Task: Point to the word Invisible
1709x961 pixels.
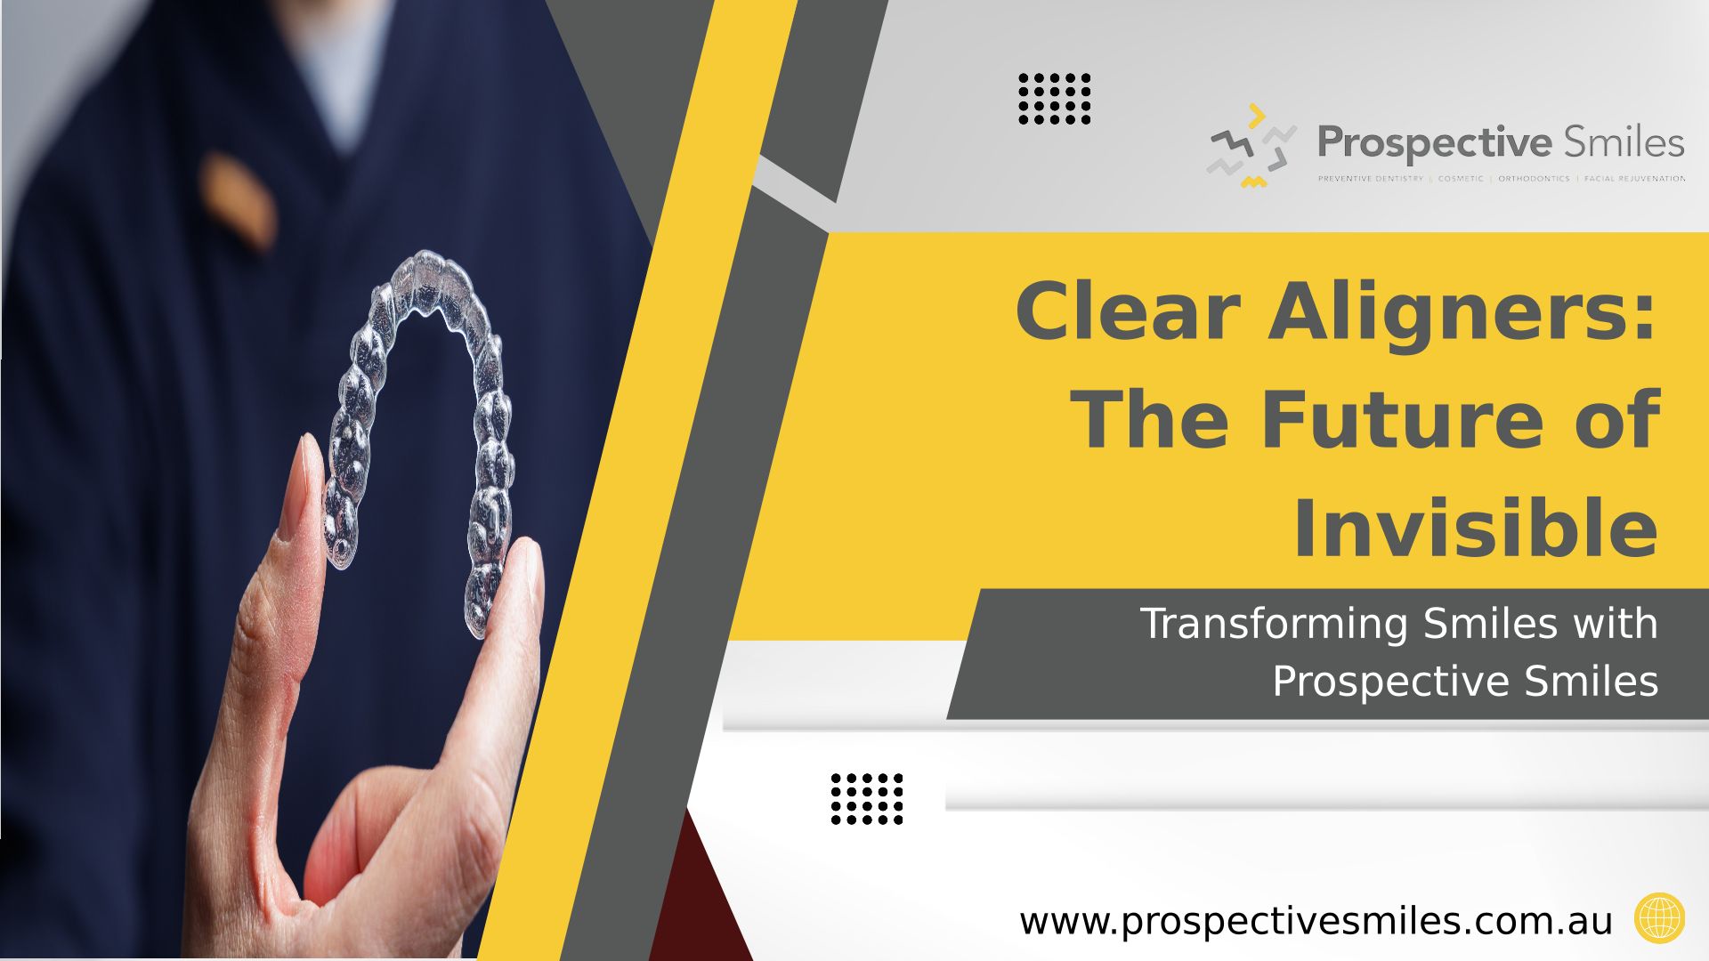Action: click(x=1475, y=529)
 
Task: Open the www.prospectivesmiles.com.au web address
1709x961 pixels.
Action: click(x=1316, y=922)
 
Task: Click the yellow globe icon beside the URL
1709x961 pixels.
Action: click(x=1660, y=918)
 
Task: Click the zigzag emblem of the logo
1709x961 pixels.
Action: click(x=1251, y=146)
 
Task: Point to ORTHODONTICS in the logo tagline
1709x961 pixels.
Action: click(x=1534, y=179)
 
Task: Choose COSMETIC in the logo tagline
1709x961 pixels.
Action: click(x=1461, y=179)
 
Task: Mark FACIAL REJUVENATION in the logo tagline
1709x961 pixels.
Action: click(x=1634, y=179)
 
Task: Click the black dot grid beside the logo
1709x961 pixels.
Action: click(x=1055, y=99)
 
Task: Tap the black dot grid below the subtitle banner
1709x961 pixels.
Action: click(x=867, y=799)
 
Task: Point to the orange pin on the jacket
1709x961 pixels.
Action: click(x=239, y=201)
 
